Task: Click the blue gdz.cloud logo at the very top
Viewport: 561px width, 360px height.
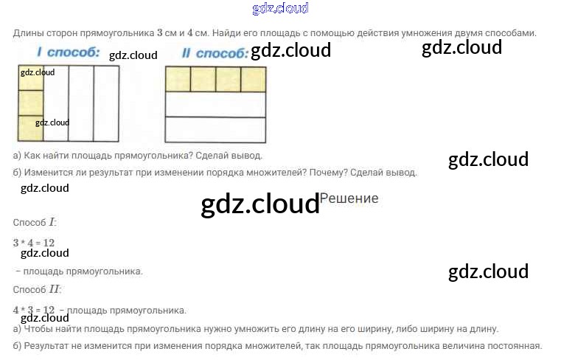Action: pos(280,8)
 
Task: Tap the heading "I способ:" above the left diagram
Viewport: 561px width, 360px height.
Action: pos(69,52)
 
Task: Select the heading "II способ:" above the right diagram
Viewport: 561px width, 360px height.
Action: pos(213,53)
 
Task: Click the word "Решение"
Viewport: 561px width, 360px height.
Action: pos(349,198)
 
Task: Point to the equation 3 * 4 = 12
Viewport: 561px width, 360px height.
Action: pos(34,243)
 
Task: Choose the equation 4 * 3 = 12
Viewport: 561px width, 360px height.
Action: pos(34,310)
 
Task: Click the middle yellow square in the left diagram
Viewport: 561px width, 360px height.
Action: pos(30,103)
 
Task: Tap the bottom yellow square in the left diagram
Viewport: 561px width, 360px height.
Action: pos(30,128)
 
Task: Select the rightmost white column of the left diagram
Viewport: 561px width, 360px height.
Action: pos(106,103)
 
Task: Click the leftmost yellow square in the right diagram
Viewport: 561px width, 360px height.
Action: pos(178,79)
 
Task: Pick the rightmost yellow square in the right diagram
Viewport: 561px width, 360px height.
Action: pos(253,79)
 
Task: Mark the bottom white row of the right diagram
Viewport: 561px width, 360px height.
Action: pos(215,129)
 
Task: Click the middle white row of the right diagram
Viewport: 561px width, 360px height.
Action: pos(215,104)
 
